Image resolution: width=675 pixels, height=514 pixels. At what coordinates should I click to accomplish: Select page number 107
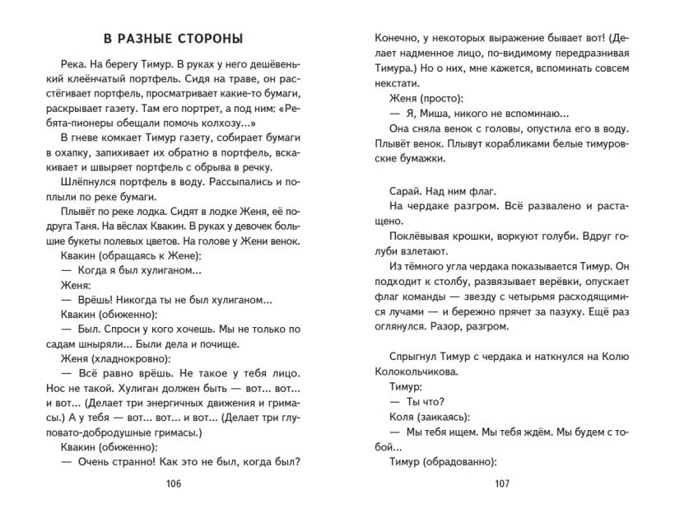click(503, 484)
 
